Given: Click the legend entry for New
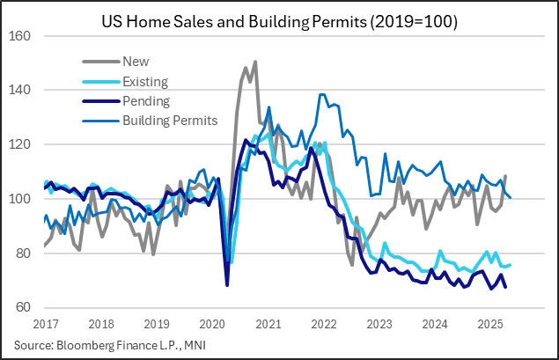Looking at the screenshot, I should point(136,62).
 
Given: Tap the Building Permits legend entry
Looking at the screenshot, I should point(169,119).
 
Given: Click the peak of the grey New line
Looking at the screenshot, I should point(255,62).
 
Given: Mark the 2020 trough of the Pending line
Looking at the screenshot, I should point(227,285).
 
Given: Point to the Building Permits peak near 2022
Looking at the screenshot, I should point(321,94).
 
